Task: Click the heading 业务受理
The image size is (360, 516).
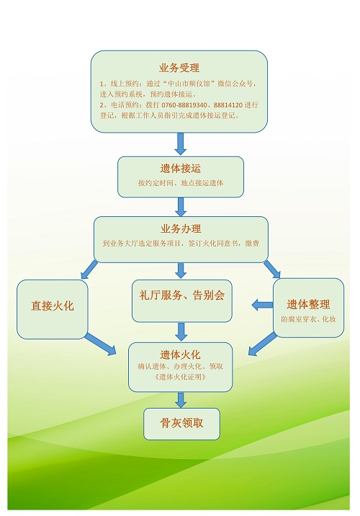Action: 179,68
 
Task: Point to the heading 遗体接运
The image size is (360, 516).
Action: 181,169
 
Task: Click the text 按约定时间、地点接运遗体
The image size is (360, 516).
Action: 181,183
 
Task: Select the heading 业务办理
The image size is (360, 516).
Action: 181,228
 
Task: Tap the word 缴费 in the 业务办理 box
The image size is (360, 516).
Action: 252,243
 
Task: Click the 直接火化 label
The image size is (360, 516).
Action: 53,306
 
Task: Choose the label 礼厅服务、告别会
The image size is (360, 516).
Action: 182,295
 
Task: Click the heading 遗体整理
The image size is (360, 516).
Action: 308,304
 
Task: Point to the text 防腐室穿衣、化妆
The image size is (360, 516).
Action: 308,319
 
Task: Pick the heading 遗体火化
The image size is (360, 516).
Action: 180,355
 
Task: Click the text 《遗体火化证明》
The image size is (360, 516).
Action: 180,376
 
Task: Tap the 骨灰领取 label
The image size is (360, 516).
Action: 181,423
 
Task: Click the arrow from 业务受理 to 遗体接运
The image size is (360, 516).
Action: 181,144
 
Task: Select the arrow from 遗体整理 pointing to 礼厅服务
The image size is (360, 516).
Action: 262,305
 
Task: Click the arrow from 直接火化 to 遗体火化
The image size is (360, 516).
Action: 101,344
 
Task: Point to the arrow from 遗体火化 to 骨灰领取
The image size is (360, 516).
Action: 181,400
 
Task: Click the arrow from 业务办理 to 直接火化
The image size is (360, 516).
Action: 89,270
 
